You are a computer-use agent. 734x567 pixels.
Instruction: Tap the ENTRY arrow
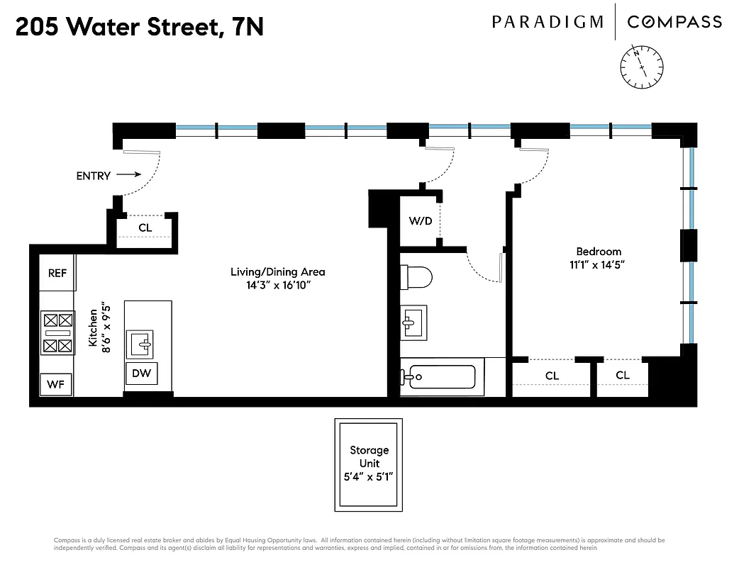point(128,174)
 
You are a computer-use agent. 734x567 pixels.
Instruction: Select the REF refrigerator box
point(57,273)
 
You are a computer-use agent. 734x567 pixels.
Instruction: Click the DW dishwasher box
point(142,373)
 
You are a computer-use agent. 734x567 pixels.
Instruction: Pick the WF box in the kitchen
point(56,385)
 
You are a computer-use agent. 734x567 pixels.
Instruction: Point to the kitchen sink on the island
point(141,344)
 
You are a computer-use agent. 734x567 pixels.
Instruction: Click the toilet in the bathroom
point(416,276)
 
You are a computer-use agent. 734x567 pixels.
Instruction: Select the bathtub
point(440,376)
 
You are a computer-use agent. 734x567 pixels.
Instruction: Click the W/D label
point(420,220)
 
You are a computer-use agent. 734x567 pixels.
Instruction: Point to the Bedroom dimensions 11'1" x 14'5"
point(599,265)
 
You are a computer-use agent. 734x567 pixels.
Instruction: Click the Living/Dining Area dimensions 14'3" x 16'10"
point(277,285)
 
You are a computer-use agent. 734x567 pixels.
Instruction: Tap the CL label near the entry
point(145,228)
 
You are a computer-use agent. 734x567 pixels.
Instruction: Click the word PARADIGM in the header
point(547,22)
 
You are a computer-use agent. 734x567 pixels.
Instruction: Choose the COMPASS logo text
point(674,22)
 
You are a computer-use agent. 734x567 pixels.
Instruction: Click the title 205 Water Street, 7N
point(139,28)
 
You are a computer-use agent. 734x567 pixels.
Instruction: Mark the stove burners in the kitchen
point(57,333)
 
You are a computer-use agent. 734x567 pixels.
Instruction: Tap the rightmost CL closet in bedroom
point(622,376)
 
